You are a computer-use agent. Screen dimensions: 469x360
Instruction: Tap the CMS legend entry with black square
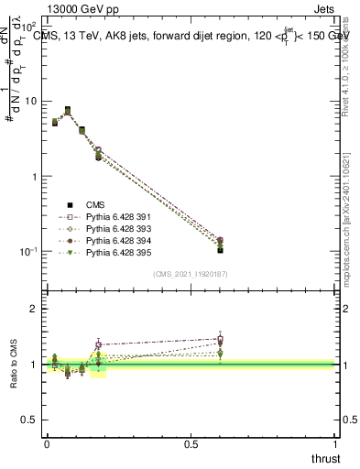click(x=95, y=205)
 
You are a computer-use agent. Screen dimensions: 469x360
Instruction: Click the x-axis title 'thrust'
click(x=325, y=458)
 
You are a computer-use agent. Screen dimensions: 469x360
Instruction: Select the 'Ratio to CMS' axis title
click(x=14, y=365)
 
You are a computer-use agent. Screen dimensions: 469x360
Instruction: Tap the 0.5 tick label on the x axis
click(x=191, y=444)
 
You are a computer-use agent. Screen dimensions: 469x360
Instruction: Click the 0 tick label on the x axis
click(x=47, y=444)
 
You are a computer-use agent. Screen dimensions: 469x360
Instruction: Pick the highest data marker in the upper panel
click(x=67, y=110)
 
